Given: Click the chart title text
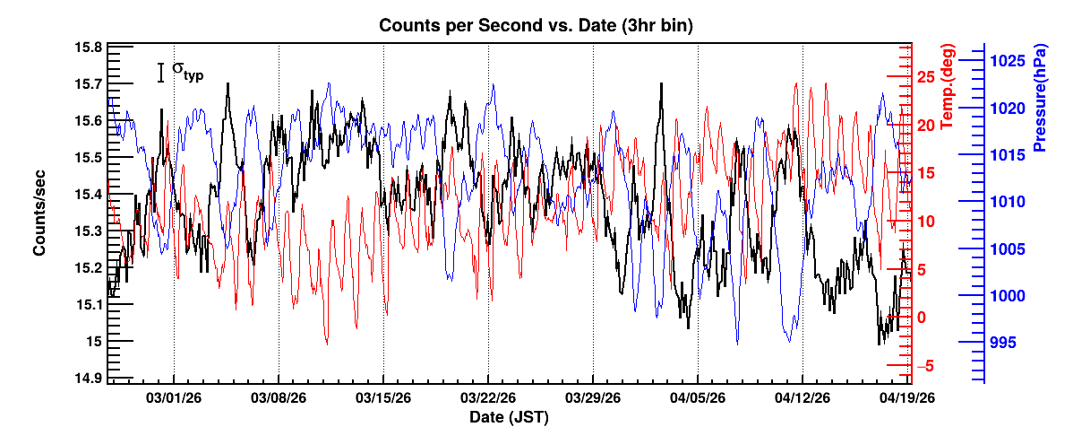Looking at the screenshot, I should pyautogui.click(x=536, y=26).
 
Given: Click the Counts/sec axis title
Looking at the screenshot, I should pyautogui.click(x=40, y=211).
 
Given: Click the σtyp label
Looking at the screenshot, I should pyautogui.click(x=187, y=71).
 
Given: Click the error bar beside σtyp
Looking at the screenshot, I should pyautogui.click(x=160, y=73).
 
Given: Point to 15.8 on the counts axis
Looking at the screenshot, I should pyautogui.click(x=88, y=48).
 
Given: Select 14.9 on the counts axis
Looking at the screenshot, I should pyautogui.click(x=88, y=378).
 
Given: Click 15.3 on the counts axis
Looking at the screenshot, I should pyautogui.click(x=88, y=231).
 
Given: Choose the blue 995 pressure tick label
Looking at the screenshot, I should pyautogui.click(x=1012, y=342).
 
